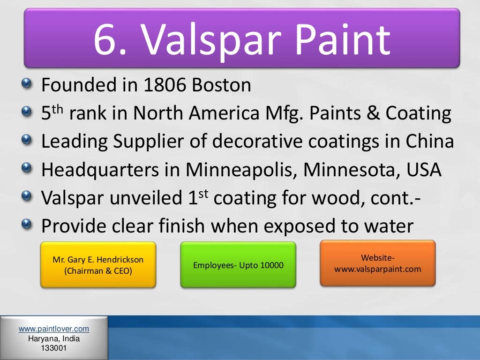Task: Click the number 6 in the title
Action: [x=106, y=39]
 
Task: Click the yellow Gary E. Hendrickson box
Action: [x=97, y=265]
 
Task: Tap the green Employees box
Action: [x=238, y=265]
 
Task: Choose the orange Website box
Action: [x=377, y=263]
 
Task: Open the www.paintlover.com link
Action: [x=54, y=329]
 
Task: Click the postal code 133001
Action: [x=54, y=348]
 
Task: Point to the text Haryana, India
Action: [x=54, y=339]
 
